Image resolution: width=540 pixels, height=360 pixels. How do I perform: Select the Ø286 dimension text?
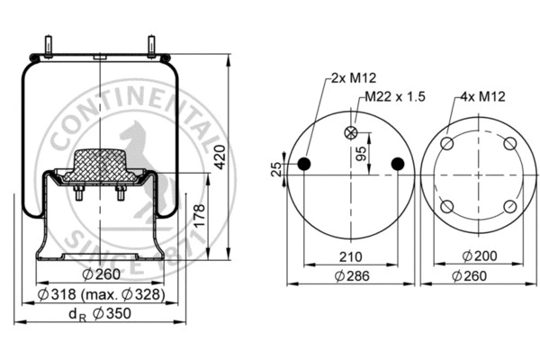coord(350,276)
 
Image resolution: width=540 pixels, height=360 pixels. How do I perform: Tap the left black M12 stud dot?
coord(303,163)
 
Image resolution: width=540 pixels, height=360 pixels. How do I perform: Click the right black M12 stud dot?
coord(397,163)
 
